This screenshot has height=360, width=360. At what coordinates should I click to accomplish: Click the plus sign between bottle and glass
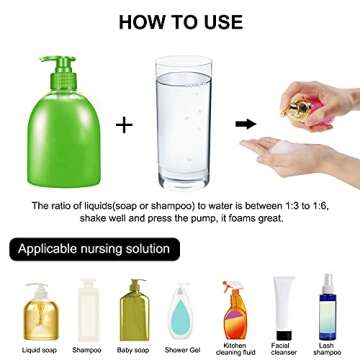[123, 124]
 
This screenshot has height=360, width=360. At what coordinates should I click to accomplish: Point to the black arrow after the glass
[242, 124]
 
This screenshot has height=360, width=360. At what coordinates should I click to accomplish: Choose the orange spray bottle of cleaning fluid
[232, 306]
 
